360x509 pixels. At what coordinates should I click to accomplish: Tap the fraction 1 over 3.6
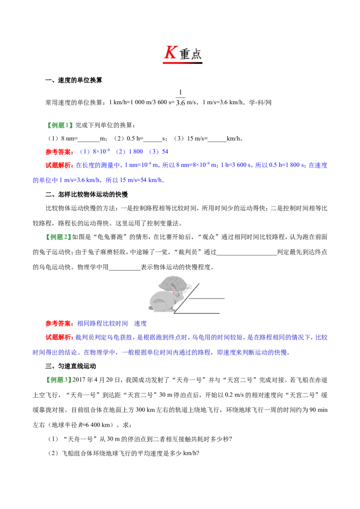pyautogui.click(x=180, y=98)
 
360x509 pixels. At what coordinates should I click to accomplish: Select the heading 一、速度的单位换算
pyautogui.click(x=74, y=80)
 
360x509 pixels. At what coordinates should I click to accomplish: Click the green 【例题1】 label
pyautogui.click(x=59, y=125)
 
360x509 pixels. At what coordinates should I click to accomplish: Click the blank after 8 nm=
pyautogui.click(x=89, y=139)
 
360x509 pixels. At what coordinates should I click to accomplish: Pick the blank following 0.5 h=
pyautogui.click(x=153, y=139)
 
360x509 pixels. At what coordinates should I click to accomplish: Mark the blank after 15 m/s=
pyautogui.click(x=217, y=139)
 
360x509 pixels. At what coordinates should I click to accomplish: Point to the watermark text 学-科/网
pyautogui.click(x=260, y=103)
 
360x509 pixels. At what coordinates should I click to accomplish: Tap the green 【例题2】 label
pyautogui.click(x=58, y=237)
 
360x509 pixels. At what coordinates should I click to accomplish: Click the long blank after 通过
pyautogui.click(x=247, y=253)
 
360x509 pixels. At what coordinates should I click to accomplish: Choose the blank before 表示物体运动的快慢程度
pyautogui.click(x=125, y=268)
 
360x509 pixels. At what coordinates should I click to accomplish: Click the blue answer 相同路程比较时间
pyautogui.click(x=102, y=323)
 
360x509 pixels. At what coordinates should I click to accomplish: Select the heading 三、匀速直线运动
pyautogui.click(x=71, y=366)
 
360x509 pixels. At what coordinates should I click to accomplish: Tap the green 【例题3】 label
pyautogui.click(x=58, y=380)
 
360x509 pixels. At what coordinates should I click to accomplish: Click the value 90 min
pyautogui.click(x=319, y=410)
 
